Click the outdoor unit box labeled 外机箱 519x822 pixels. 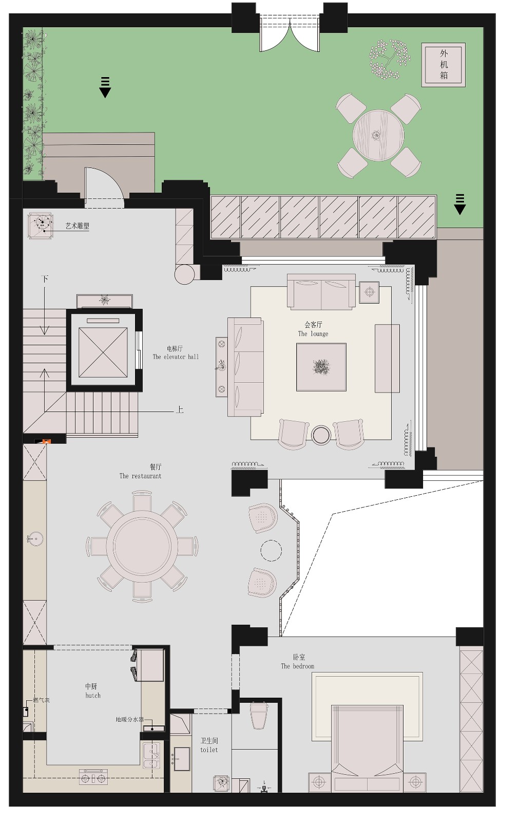pyautogui.click(x=443, y=65)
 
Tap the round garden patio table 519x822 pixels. pyautogui.click(x=378, y=135)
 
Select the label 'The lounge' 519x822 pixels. pyautogui.click(x=313, y=333)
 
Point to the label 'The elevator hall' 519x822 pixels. pyautogui.click(x=176, y=357)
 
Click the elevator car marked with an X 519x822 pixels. pyautogui.click(x=103, y=352)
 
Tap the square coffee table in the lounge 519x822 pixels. pyautogui.click(x=321, y=367)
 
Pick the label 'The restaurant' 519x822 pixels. pyautogui.click(x=140, y=476)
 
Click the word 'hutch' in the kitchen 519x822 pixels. pyautogui.click(x=93, y=696)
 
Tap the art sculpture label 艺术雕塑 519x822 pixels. pyautogui.click(x=78, y=226)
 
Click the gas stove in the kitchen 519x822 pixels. pyautogui.click(x=93, y=777)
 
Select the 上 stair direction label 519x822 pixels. pyautogui.click(x=180, y=409)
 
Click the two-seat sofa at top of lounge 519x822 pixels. pyautogui.click(x=321, y=292)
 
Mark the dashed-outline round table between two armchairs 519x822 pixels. pyautogui.click(x=271, y=550)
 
